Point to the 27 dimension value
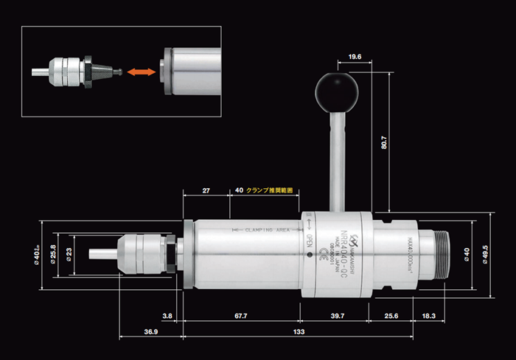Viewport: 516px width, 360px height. click(206, 190)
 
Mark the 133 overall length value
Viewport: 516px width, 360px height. click(301, 333)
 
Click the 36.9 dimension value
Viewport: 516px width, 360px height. click(150, 333)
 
